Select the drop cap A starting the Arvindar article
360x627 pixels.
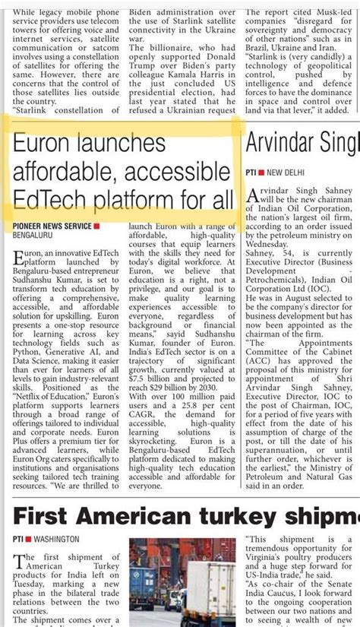coord(253,197)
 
